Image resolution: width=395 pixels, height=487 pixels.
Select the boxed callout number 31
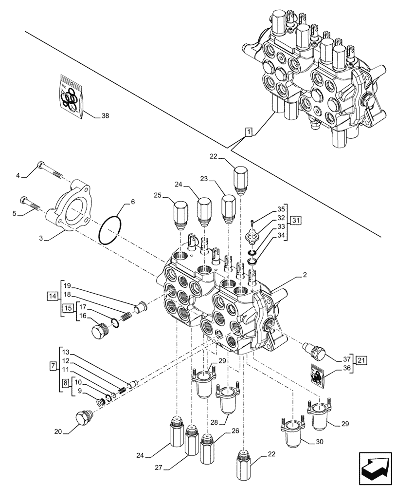[x=296, y=220]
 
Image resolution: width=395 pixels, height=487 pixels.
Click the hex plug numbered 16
[x=99, y=331]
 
